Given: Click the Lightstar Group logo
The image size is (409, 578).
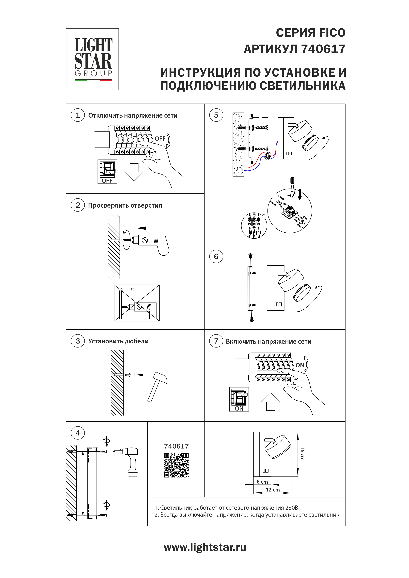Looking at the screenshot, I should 92,59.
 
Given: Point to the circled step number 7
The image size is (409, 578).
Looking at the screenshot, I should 216,341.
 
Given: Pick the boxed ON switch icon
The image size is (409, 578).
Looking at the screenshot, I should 239,399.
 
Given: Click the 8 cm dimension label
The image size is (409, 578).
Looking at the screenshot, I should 262,482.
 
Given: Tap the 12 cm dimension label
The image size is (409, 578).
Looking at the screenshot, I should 273,490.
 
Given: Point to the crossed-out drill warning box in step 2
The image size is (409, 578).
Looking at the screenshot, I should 137,303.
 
